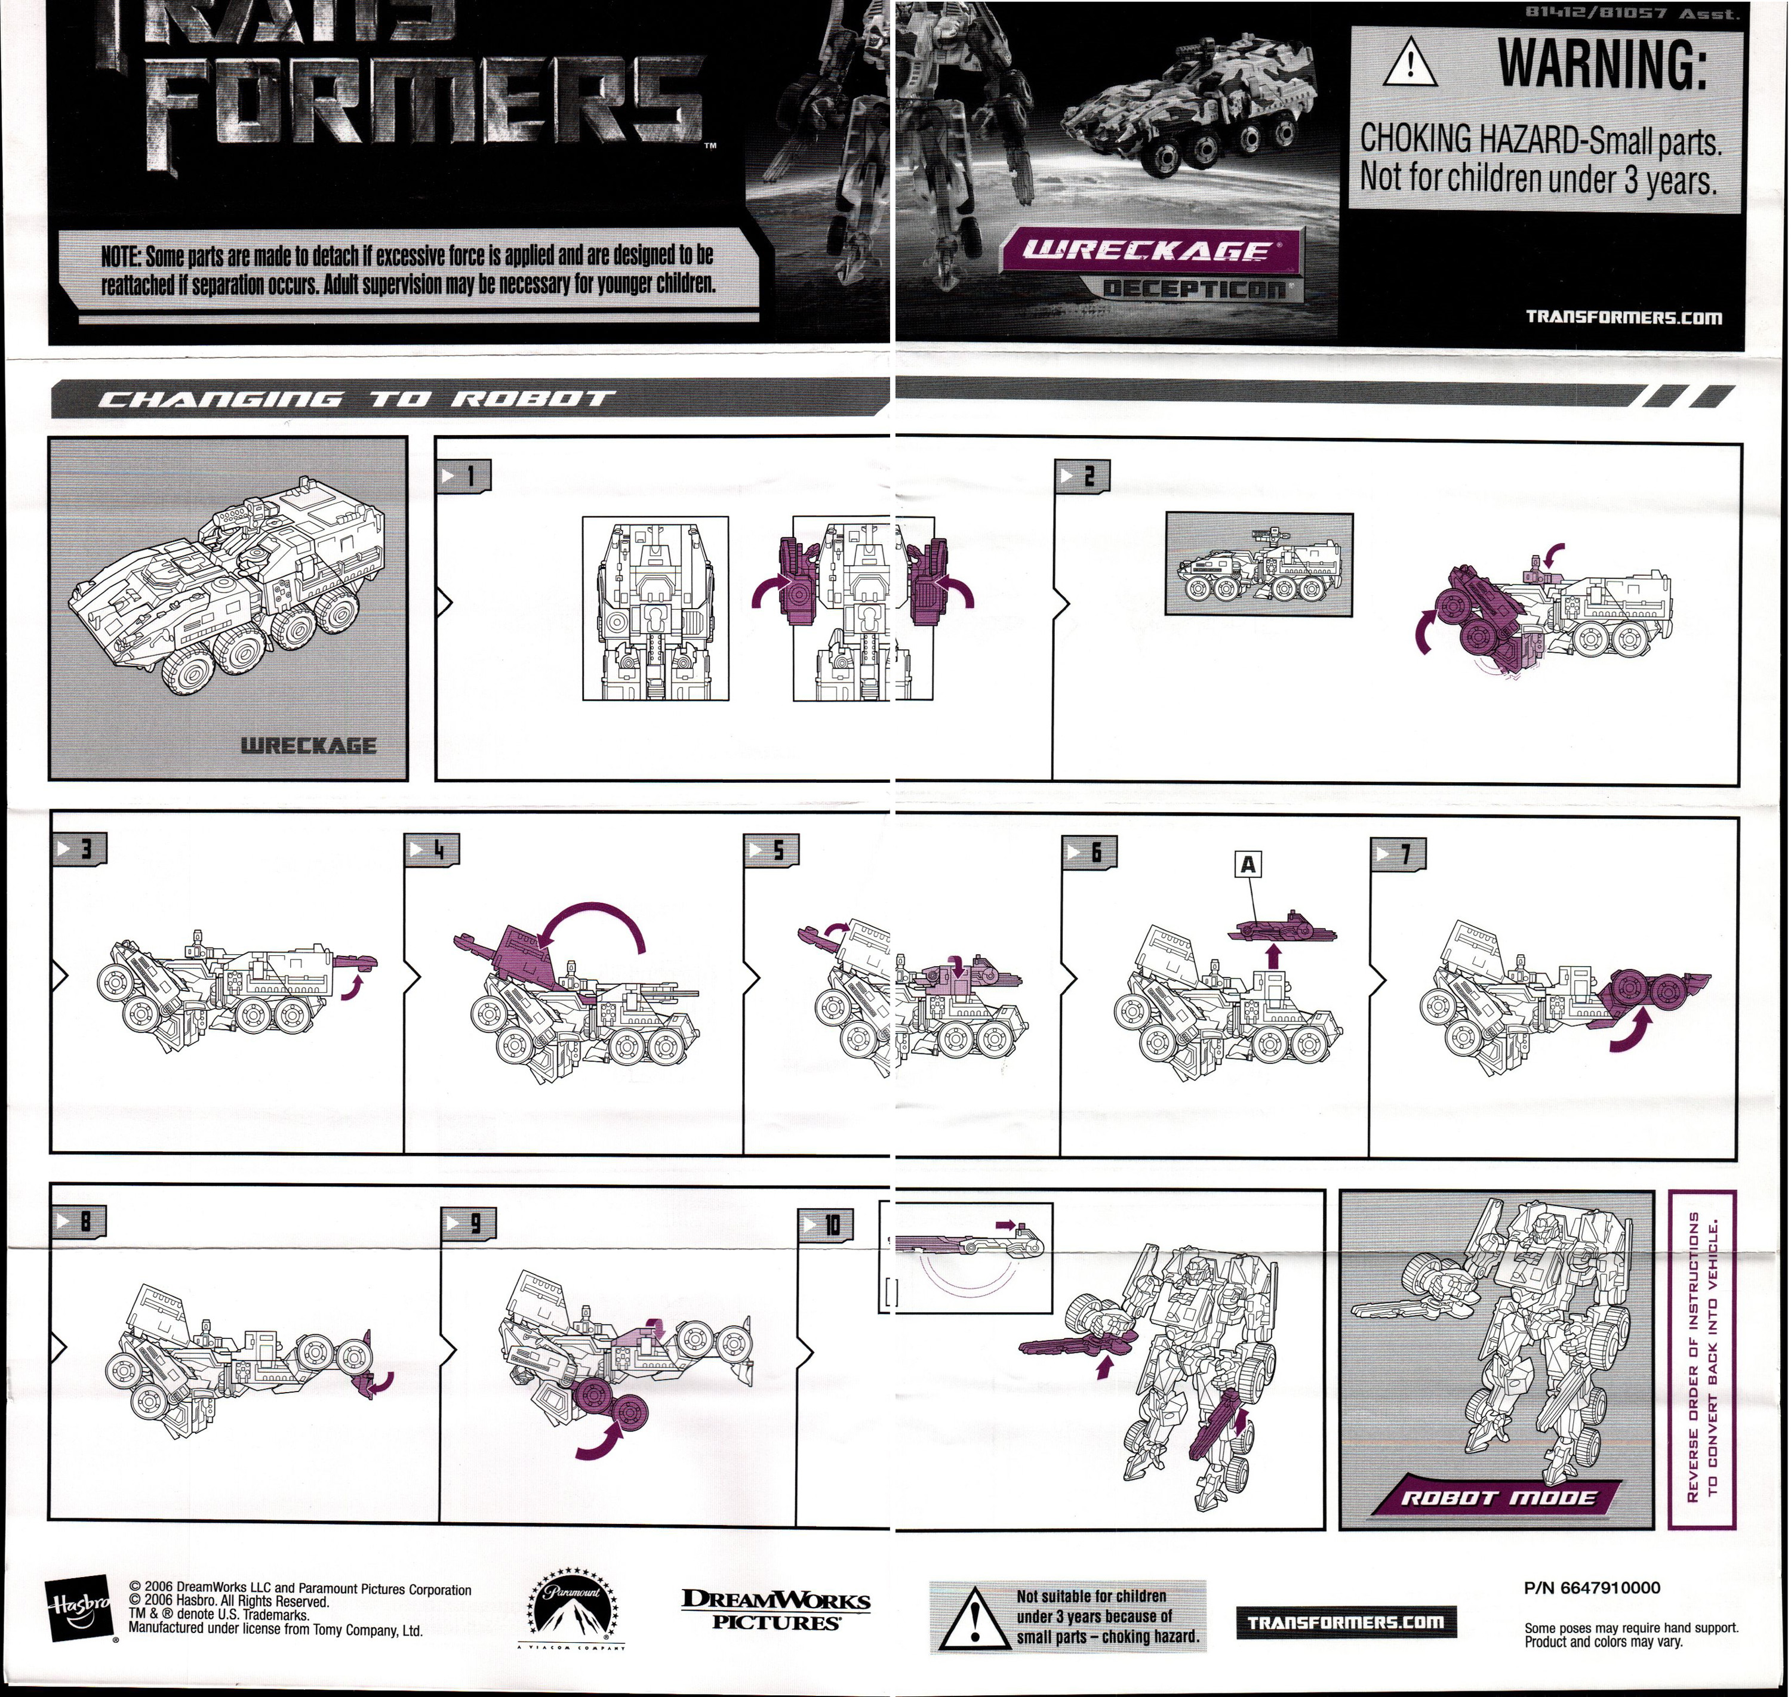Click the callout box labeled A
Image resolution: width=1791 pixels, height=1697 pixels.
(1248, 865)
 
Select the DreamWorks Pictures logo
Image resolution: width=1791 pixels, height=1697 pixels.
(775, 1610)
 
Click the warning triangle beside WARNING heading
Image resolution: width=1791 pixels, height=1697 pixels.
(1410, 64)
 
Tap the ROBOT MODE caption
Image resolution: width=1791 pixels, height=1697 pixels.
(1498, 1497)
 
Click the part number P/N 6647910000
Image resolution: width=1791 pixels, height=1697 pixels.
(1592, 1588)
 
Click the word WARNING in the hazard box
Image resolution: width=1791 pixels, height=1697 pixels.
(1602, 64)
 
